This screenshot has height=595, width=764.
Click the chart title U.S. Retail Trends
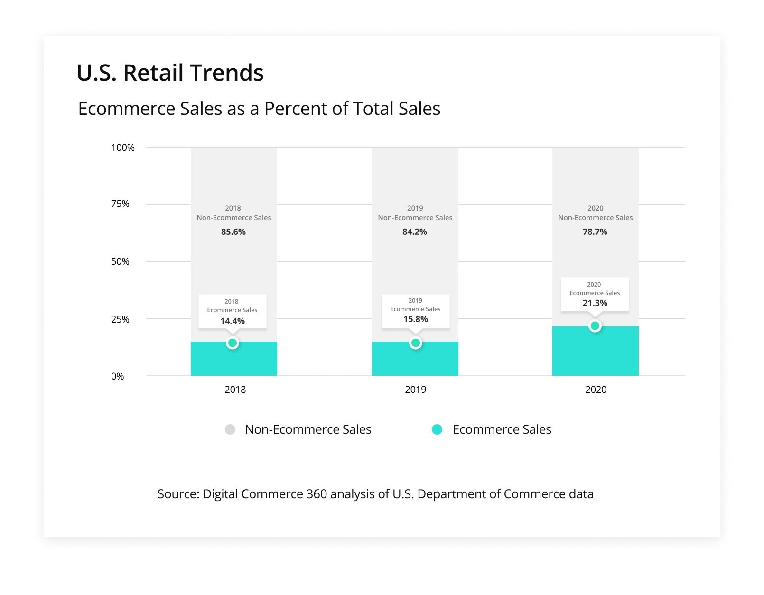(x=170, y=73)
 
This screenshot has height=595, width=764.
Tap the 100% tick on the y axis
(x=123, y=148)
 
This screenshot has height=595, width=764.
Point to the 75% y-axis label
(x=120, y=204)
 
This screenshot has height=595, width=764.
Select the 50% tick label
(x=120, y=261)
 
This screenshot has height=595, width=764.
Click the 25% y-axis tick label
(x=120, y=319)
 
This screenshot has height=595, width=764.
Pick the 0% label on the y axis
(x=117, y=376)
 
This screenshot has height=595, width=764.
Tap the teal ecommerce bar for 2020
(x=596, y=353)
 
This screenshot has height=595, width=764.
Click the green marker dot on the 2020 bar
(x=595, y=326)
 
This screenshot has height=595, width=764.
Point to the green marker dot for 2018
(x=233, y=343)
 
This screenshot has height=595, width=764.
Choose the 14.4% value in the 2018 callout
(x=233, y=321)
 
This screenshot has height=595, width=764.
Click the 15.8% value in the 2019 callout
(x=416, y=319)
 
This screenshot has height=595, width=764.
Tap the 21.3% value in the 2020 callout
(x=595, y=303)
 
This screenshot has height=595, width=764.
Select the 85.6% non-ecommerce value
(x=233, y=232)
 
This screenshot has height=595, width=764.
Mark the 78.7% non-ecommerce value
(x=595, y=232)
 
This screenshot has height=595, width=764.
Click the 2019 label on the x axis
(x=416, y=390)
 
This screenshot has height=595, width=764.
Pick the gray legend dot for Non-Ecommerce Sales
(x=230, y=429)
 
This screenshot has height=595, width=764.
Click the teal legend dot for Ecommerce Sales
(x=437, y=429)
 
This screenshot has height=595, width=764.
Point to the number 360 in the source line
(x=317, y=494)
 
